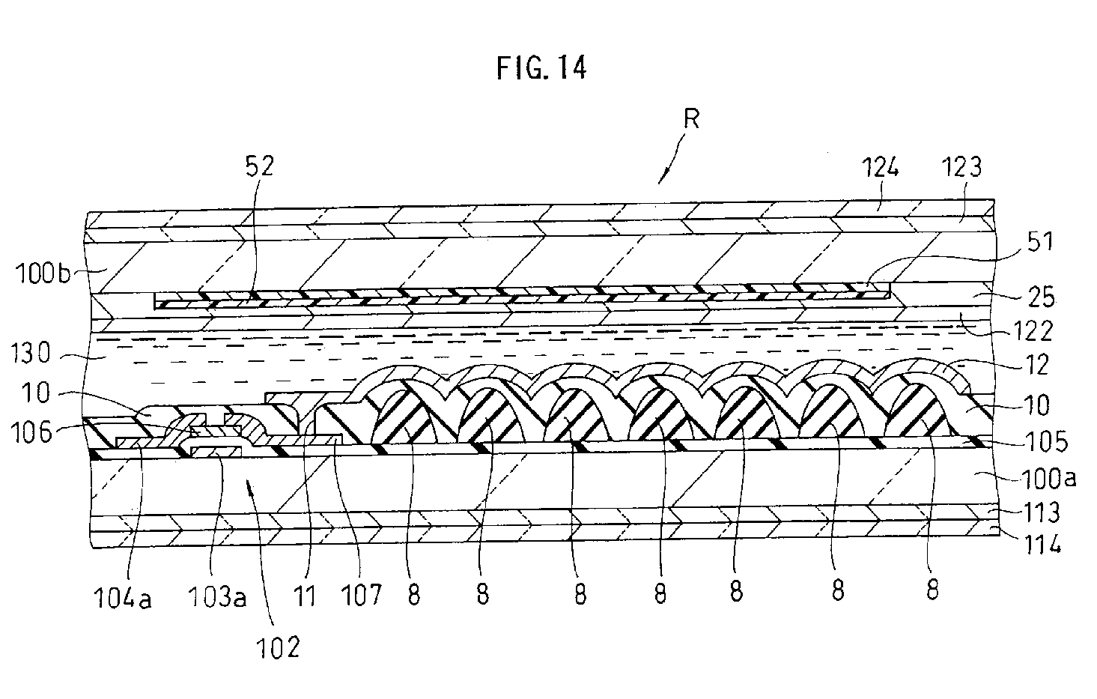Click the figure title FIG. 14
(x=541, y=68)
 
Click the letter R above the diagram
(x=692, y=119)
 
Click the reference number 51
(x=1041, y=241)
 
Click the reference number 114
(x=1042, y=545)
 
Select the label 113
(x=1041, y=512)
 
